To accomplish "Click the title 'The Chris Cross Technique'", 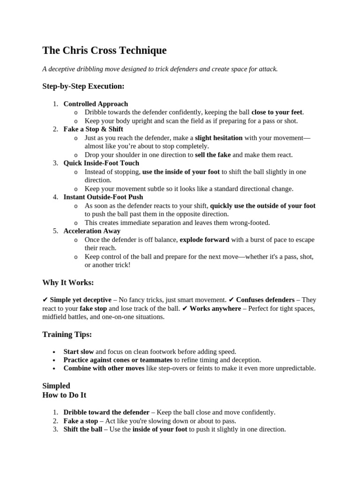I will coord(104,50).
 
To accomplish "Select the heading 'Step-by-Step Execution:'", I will coord(83,86).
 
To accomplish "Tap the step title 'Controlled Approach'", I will coord(96,104).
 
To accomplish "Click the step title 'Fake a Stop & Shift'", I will coord(93,129).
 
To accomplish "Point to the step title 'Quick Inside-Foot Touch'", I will coord(101,163).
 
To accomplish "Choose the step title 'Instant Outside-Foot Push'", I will coord(103,197).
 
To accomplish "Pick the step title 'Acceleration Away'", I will coord(92,231).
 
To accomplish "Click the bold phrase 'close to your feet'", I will coord(277,112).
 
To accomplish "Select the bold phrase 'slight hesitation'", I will coord(219,138).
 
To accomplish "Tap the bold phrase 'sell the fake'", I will coord(213,155).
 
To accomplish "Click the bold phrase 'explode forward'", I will coord(204,240).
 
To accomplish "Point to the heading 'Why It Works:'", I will coord(68,283).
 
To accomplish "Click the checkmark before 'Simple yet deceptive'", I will coord(45,300).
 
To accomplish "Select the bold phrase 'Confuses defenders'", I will coord(265,300).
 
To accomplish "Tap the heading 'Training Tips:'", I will coord(67,334).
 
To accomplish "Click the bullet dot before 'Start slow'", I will coord(54,352).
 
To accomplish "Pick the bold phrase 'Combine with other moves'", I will coord(104,368).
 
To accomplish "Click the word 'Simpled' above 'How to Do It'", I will coord(56,386).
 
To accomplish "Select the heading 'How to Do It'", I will coord(64,395).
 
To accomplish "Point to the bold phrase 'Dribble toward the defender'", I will coord(106,412).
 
